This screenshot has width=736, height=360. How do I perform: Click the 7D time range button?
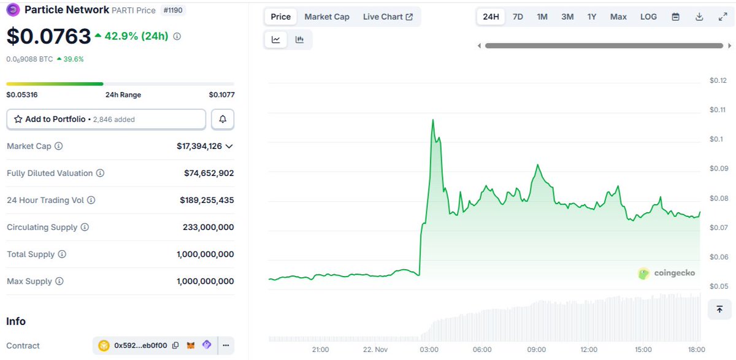coord(518,17)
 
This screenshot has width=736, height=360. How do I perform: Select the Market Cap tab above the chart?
coord(327,17)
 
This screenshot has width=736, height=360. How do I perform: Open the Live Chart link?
coord(388,17)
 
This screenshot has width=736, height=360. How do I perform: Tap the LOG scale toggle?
coord(648,17)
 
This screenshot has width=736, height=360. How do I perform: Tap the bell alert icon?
coord(223,119)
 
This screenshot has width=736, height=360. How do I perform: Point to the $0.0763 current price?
coord(48,37)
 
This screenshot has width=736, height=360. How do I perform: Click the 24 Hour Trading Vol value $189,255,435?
coord(207,200)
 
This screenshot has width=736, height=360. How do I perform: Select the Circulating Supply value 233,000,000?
coord(208,227)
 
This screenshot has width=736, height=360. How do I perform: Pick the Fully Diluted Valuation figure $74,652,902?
coord(209,173)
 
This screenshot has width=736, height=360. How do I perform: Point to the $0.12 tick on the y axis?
coord(717,80)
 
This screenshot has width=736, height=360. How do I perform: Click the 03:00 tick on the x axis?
coord(429,350)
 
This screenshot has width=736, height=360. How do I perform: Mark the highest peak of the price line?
coord(433,120)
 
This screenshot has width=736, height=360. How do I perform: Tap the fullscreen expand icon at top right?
coord(723,17)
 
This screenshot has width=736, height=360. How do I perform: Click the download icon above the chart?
coord(699,17)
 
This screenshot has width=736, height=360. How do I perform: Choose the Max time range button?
coord(618,17)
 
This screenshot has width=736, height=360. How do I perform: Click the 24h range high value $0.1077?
coord(221,94)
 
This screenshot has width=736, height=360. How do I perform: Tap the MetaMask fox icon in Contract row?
coord(191,345)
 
